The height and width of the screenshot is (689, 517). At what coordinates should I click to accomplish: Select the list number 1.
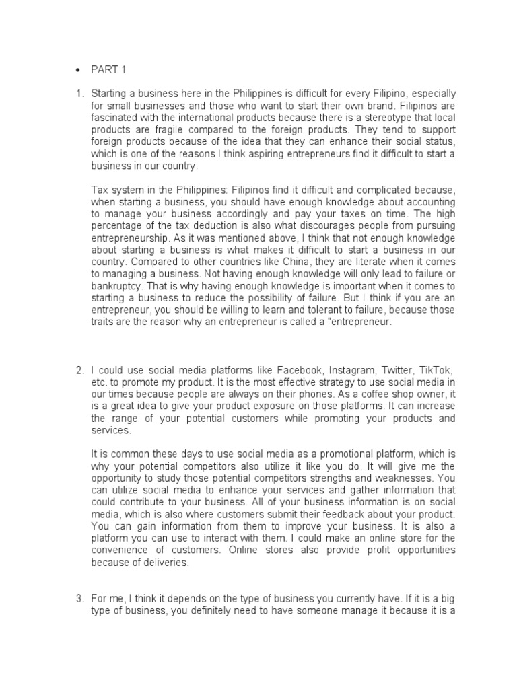point(78,92)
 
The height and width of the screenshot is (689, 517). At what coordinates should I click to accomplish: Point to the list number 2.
point(78,370)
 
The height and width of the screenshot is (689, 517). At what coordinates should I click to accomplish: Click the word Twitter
point(396,370)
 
